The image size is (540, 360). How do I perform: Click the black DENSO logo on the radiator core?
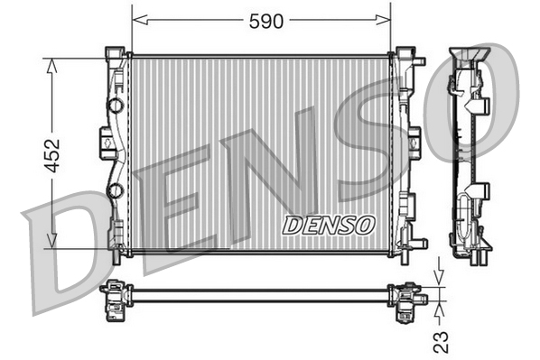[x=327, y=225]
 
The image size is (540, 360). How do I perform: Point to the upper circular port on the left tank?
[x=115, y=106]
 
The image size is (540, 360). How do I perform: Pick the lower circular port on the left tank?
[x=115, y=189]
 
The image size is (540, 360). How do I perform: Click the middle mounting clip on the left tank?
[x=105, y=140]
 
